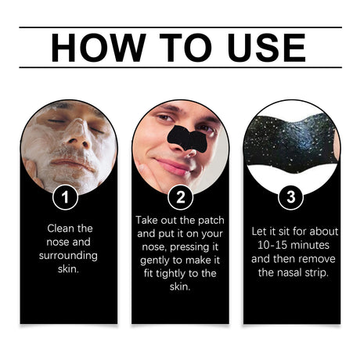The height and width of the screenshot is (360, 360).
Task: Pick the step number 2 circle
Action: point(180,197)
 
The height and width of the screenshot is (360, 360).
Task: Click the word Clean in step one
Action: point(55,229)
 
